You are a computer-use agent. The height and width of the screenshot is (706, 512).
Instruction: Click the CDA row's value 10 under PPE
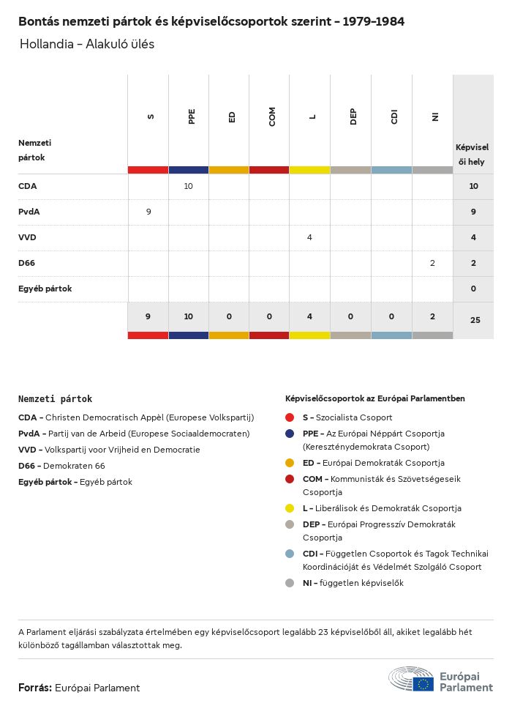pyautogui.click(x=188, y=187)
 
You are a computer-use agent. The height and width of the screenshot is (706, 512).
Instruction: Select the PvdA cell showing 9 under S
pyautogui.click(x=148, y=212)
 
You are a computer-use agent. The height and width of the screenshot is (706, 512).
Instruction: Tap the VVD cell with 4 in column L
pyautogui.click(x=309, y=237)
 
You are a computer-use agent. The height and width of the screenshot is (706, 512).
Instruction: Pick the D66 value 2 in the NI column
pyautogui.click(x=432, y=263)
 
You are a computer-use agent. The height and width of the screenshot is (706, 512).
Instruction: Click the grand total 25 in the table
pyautogui.click(x=475, y=320)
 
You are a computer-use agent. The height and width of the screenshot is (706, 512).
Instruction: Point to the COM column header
pyautogui.click(x=272, y=116)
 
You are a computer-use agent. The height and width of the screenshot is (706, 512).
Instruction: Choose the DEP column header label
pyautogui.click(x=353, y=116)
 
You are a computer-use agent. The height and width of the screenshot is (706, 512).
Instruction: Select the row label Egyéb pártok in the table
pyautogui.click(x=45, y=289)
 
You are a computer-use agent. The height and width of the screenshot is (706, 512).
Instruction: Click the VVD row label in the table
pyautogui.click(x=27, y=237)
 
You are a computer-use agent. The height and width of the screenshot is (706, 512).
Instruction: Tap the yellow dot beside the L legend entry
pyautogui.click(x=290, y=508)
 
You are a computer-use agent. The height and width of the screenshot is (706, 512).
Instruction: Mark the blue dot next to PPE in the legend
pyautogui.click(x=290, y=434)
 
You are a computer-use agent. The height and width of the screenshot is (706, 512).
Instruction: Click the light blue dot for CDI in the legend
pyautogui.click(x=290, y=554)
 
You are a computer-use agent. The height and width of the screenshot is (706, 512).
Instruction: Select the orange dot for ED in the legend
pyautogui.click(x=290, y=463)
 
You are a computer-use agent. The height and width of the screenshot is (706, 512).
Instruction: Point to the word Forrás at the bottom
pyautogui.click(x=34, y=688)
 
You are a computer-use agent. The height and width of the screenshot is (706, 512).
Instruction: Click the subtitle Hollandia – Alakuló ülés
pyautogui.click(x=87, y=44)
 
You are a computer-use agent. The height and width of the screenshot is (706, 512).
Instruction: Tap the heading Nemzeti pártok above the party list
pyautogui.click(x=55, y=399)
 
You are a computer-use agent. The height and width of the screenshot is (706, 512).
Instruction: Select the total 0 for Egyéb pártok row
pyautogui.click(x=473, y=289)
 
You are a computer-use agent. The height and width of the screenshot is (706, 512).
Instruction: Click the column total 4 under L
pyautogui.click(x=309, y=316)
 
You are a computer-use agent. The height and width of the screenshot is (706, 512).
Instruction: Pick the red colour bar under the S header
pyautogui.click(x=148, y=170)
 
